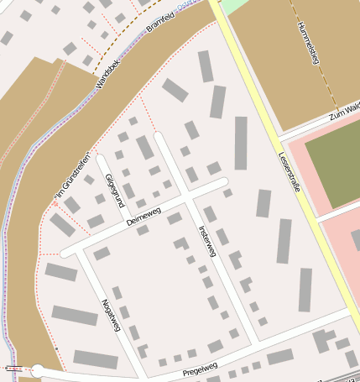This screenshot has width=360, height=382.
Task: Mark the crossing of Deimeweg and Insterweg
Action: coord(188,198)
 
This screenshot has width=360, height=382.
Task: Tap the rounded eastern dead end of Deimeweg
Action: coord(223,181)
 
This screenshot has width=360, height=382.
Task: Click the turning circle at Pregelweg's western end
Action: coord(38,370)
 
